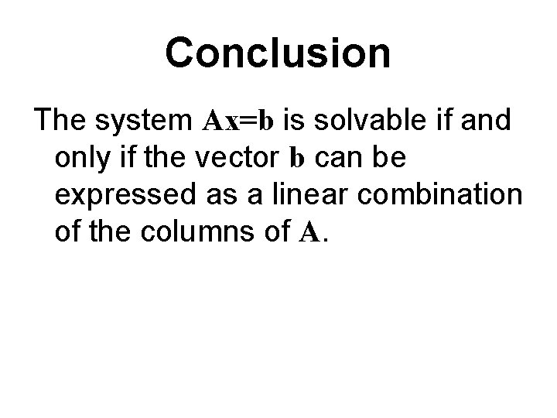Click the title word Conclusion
[x=278, y=53]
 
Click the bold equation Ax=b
[x=239, y=122]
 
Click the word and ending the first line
[x=488, y=121]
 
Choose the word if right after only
[x=121, y=158]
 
